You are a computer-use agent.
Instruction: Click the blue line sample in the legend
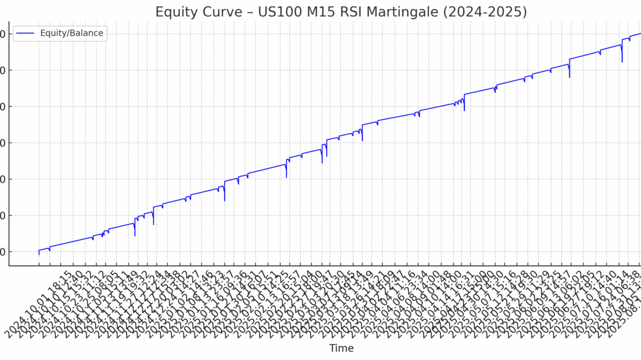(25, 33)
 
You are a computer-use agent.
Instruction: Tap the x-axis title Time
(341, 348)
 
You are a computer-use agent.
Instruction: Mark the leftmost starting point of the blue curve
(39, 254)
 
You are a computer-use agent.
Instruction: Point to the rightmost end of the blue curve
(640, 34)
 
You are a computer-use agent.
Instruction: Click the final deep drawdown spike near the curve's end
(622, 61)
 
